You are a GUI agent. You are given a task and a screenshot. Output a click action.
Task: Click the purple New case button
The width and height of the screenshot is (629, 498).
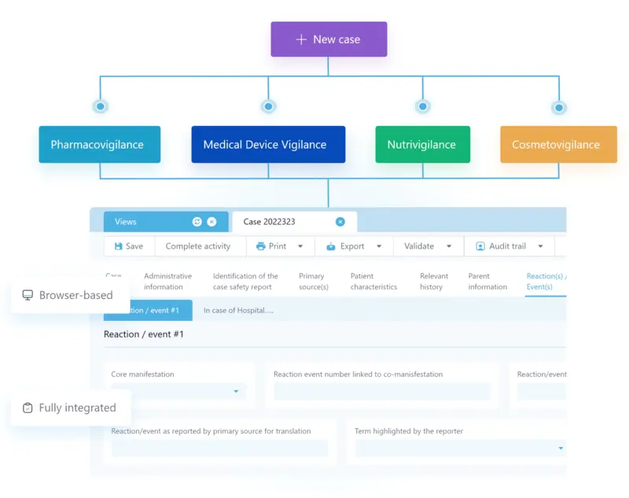click(329, 39)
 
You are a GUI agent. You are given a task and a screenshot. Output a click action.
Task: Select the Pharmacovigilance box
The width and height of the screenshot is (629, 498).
click(99, 145)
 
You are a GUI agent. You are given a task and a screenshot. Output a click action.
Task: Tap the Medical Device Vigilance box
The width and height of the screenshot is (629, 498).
click(267, 145)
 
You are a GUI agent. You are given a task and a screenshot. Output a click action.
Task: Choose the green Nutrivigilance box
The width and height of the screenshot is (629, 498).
click(422, 145)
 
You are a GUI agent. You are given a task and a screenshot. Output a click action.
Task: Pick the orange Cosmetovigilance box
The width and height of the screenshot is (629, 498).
click(557, 145)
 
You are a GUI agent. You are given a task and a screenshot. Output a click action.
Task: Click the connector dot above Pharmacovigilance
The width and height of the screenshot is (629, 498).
click(100, 106)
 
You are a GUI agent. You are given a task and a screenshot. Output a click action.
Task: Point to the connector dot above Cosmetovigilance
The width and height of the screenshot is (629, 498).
click(558, 107)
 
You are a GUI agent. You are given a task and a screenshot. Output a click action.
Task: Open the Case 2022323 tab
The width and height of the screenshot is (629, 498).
click(270, 222)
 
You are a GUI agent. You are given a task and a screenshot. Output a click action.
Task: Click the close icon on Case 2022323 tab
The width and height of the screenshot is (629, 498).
click(340, 222)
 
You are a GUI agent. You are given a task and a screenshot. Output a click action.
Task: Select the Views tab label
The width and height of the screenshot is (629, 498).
click(126, 222)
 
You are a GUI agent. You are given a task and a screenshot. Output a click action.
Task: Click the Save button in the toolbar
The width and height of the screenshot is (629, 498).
click(129, 246)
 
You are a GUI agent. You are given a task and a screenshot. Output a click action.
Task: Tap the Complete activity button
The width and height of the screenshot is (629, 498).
click(198, 246)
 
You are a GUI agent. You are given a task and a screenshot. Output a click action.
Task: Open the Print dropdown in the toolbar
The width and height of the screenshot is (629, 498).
click(279, 246)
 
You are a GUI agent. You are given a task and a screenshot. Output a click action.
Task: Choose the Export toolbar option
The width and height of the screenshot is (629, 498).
click(353, 246)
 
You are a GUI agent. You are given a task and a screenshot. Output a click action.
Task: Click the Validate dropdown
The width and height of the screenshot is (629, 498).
click(428, 246)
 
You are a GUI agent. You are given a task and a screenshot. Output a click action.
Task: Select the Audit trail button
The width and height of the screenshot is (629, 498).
click(509, 246)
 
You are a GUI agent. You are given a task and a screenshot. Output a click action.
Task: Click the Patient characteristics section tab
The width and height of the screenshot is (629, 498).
click(373, 282)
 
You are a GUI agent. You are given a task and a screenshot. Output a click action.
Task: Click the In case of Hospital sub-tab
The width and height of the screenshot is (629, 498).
click(238, 310)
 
